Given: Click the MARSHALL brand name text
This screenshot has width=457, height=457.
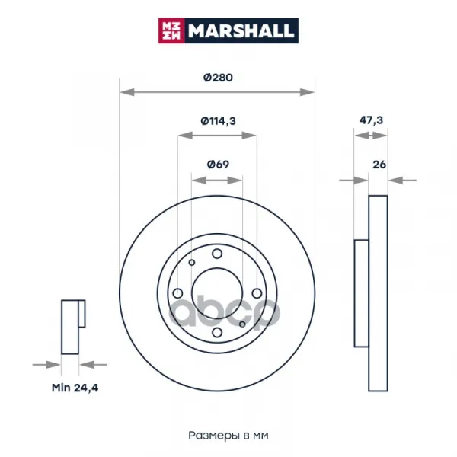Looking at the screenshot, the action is (241, 30).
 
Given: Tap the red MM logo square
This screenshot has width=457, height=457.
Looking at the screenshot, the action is (171, 30).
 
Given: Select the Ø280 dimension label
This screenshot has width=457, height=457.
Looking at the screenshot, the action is (218, 78).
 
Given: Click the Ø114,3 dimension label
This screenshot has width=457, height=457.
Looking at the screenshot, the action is (218, 120).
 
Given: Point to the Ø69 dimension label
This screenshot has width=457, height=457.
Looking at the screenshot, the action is (218, 165).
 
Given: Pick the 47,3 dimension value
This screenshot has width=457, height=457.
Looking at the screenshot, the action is (371, 120).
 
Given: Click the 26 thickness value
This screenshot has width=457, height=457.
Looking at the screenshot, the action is (379, 165).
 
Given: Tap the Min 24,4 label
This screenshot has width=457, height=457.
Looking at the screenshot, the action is (75, 388).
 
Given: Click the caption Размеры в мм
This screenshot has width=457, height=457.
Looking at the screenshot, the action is (228, 436).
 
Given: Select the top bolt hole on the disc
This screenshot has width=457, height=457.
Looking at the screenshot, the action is (217, 254).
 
